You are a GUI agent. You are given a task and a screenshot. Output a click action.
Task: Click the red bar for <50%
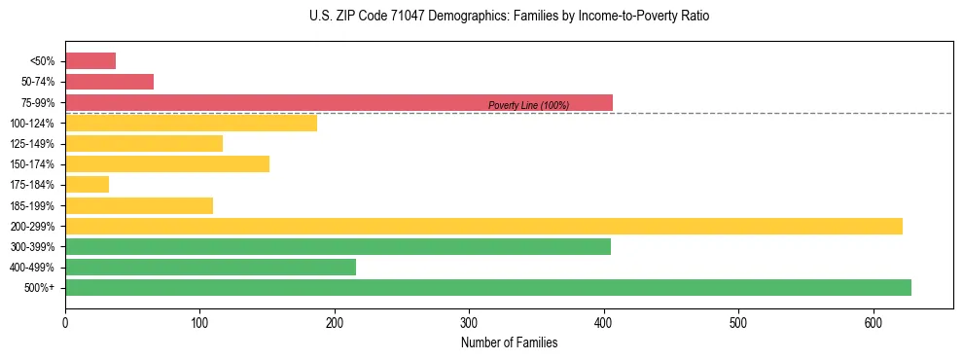tap(90, 61)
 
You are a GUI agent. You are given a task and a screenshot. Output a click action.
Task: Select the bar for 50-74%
tap(109, 82)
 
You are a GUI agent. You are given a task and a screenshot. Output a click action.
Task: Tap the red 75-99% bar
tap(339, 102)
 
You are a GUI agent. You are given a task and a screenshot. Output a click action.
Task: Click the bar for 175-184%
tap(87, 185)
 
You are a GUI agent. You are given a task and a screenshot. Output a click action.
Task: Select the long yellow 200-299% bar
tap(483, 227)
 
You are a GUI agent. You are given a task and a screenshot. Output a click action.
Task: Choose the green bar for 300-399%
tap(338, 247)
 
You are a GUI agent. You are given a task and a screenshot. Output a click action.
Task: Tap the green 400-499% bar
tap(210, 268)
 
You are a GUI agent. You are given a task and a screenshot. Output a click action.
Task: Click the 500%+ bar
tap(487, 288)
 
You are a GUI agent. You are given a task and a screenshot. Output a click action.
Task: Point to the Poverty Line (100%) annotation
tap(528, 105)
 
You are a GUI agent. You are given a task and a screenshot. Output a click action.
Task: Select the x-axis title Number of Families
tap(509, 342)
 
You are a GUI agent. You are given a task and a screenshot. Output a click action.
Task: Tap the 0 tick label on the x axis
tap(65, 321)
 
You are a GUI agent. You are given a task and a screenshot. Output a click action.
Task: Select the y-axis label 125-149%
tap(32, 144)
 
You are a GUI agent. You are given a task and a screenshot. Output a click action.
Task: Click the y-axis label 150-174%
tap(32, 164)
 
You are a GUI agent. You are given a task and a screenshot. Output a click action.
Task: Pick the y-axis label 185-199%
tap(32, 206)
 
